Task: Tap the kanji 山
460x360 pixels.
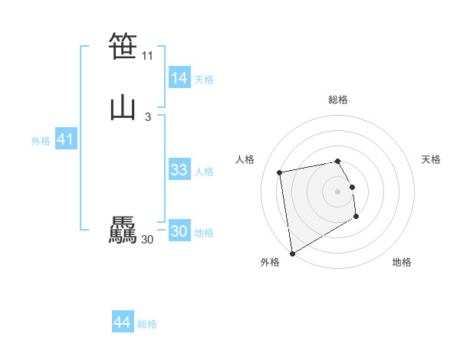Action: (123, 108)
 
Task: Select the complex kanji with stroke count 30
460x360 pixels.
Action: (123, 231)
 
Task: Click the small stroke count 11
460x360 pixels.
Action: (147, 56)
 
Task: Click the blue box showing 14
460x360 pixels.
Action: (179, 78)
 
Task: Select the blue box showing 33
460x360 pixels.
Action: (179, 170)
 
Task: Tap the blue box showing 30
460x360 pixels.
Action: (179, 231)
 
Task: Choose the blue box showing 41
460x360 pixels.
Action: (65, 140)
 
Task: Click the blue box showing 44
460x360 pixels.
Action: (123, 322)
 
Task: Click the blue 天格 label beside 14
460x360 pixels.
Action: (204, 80)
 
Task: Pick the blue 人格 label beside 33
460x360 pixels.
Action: (204, 172)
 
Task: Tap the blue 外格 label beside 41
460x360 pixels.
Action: (41, 141)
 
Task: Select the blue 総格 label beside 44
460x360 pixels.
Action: (147, 324)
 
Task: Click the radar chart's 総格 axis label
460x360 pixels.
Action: (338, 100)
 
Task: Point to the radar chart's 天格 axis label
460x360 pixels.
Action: (432, 159)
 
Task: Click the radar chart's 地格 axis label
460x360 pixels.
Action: (402, 263)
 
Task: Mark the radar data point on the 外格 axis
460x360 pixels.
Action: (292, 253)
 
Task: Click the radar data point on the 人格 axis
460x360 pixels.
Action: (281, 172)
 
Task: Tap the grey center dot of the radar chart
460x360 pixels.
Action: (338, 191)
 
